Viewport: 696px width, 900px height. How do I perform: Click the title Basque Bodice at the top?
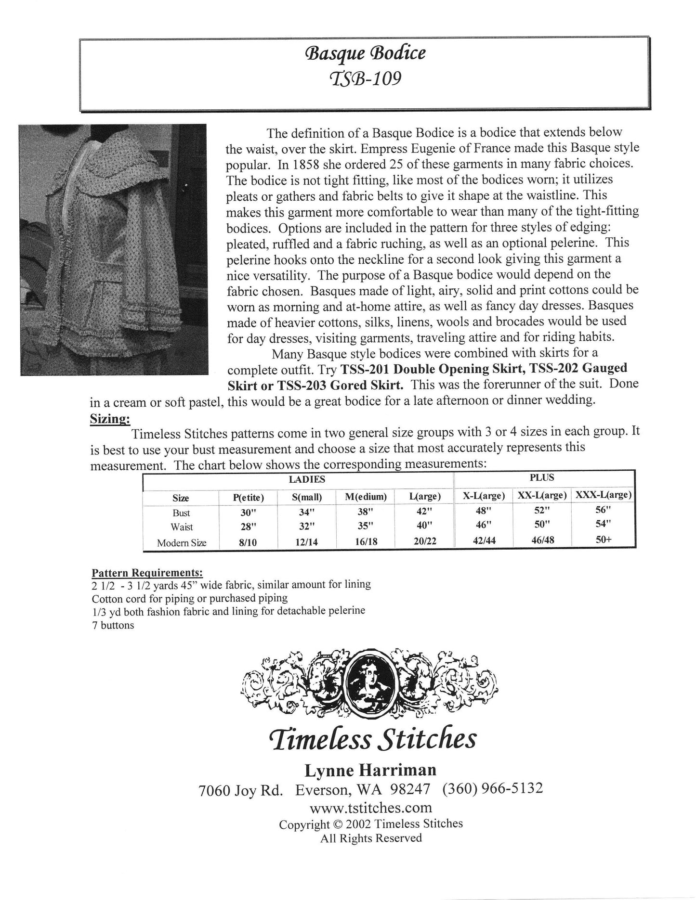coord(365,52)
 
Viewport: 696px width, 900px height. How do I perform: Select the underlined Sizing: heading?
coord(110,419)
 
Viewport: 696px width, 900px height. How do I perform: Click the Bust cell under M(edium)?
coord(366,512)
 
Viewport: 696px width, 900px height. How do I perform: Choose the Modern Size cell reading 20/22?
coord(424,541)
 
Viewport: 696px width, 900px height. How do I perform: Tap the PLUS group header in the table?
coord(542,478)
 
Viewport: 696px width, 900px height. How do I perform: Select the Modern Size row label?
coord(182,543)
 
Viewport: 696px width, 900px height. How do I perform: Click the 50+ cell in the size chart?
coord(604,540)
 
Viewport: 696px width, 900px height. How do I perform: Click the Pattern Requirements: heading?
coord(147,573)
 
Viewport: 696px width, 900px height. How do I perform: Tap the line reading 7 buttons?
coord(113,626)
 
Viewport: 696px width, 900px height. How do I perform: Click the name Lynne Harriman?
coord(370,771)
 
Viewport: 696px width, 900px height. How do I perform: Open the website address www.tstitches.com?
coord(370,807)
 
